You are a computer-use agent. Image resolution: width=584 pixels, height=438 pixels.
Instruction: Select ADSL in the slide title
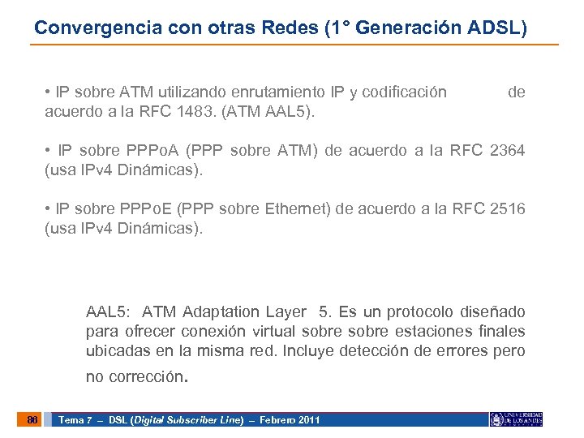point(496,27)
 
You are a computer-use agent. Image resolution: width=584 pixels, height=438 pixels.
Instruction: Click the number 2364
point(508,150)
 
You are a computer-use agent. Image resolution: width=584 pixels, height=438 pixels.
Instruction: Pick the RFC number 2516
point(508,209)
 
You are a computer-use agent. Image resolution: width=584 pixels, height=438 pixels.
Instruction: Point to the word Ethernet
point(298,210)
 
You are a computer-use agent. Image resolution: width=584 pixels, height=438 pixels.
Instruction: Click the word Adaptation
point(221,312)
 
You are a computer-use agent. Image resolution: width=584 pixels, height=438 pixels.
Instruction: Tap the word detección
point(414,351)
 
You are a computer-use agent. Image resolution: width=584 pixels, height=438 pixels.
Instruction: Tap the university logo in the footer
point(517,419)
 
